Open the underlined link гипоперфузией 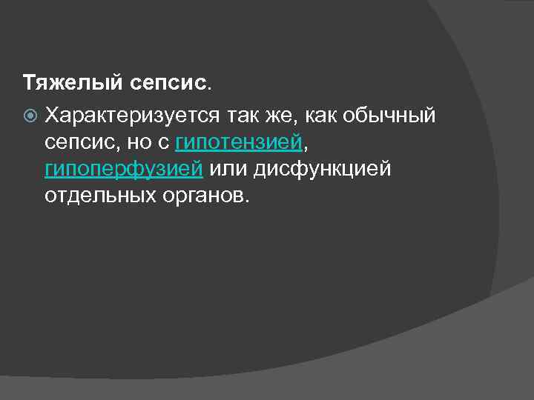coord(123,169)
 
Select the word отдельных coord(99,196)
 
